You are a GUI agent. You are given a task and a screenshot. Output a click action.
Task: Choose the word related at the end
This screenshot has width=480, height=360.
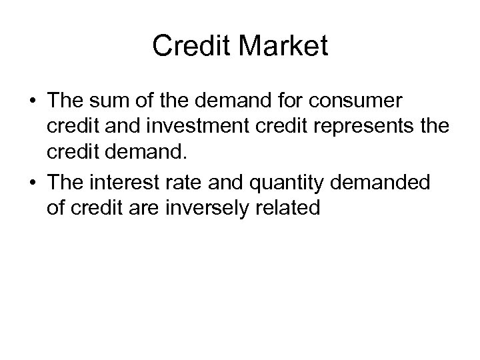(291, 208)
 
